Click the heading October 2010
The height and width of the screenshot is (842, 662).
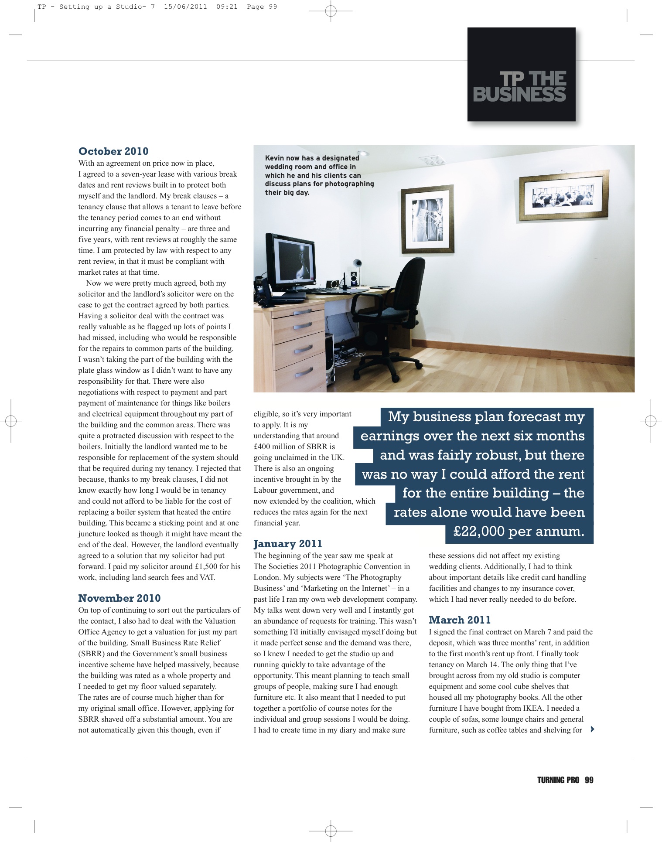[x=113, y=151]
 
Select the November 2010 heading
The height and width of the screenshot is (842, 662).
[x=119, y=598]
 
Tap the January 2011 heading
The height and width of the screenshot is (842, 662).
[x=288, y=544]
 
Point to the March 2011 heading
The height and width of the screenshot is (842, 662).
[x=460, y=620]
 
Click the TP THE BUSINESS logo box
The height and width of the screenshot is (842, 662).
[x=521, y=75]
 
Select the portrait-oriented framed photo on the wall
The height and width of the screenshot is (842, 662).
[x=427, y=219]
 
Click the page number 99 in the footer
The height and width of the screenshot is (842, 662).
[x=589, y=780]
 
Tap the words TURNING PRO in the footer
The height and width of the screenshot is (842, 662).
[x=558, y=780]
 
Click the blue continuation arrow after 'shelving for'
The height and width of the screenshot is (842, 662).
[x=592, y=729]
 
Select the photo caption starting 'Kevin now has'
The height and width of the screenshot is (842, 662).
[x=319, y=175]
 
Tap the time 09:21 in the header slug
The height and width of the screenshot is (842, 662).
[x=227, y=7]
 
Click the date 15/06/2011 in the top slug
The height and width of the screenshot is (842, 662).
[x=185, y=7]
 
